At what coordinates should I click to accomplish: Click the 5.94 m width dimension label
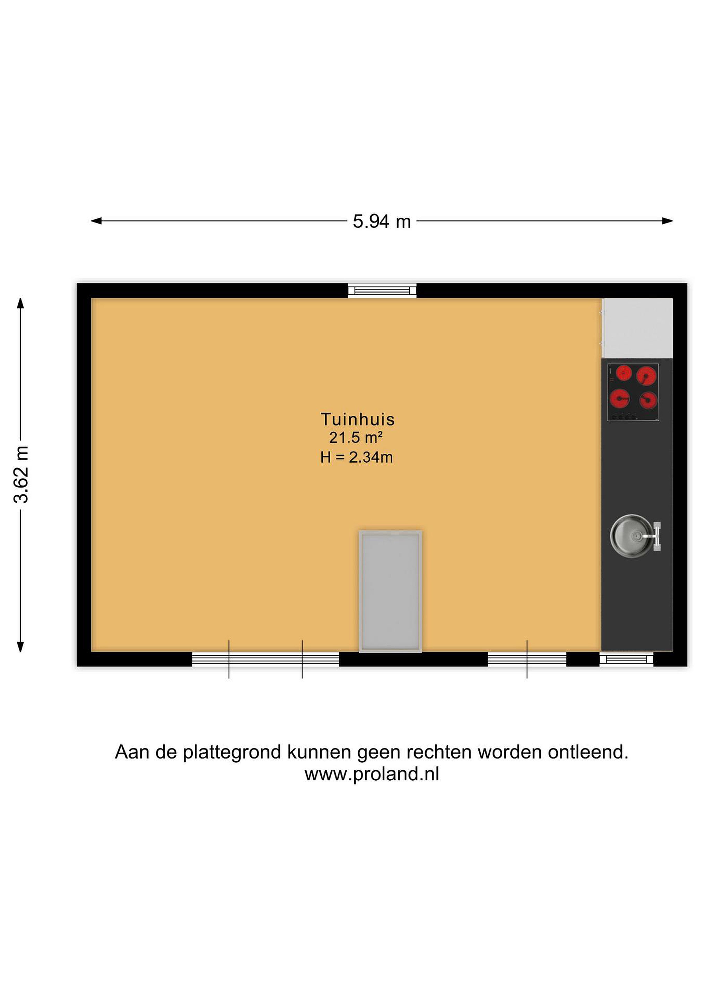pyautogui.click(x=381, y=222)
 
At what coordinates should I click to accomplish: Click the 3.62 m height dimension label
pyautogui.click(x=21, y=474)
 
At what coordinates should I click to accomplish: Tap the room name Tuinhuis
pyautogui.click(x=357, y=419)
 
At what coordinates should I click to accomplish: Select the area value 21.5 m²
pyautogui.click(x=356, y=438)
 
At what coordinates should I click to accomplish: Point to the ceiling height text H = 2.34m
pyautogui.click(x=357, y=457)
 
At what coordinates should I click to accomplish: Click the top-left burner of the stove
pyautogui.click(x=624, y=373)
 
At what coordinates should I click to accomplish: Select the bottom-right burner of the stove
pyautogui.click(x=648, y=400)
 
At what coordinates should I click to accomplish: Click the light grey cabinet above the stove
pyautogui.click(x=637, y=328)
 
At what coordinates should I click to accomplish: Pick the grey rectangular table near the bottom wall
pyautogui.click(x=390, y=591)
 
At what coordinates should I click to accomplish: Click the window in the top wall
pyautogui.click(x=382, y=290)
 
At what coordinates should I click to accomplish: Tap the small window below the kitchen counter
pyautogui.click(x=626, y=659)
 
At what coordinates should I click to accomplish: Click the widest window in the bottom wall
pyautogui.click(x=265, y=659)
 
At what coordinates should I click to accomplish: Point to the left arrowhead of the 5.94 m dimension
pyautogui.click(x=96, y=221)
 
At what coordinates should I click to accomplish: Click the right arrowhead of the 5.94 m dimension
pyautogui.click(x=667, y=221)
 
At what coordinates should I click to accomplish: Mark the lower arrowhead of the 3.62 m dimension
pyautogui.click(x=20, y=647)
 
